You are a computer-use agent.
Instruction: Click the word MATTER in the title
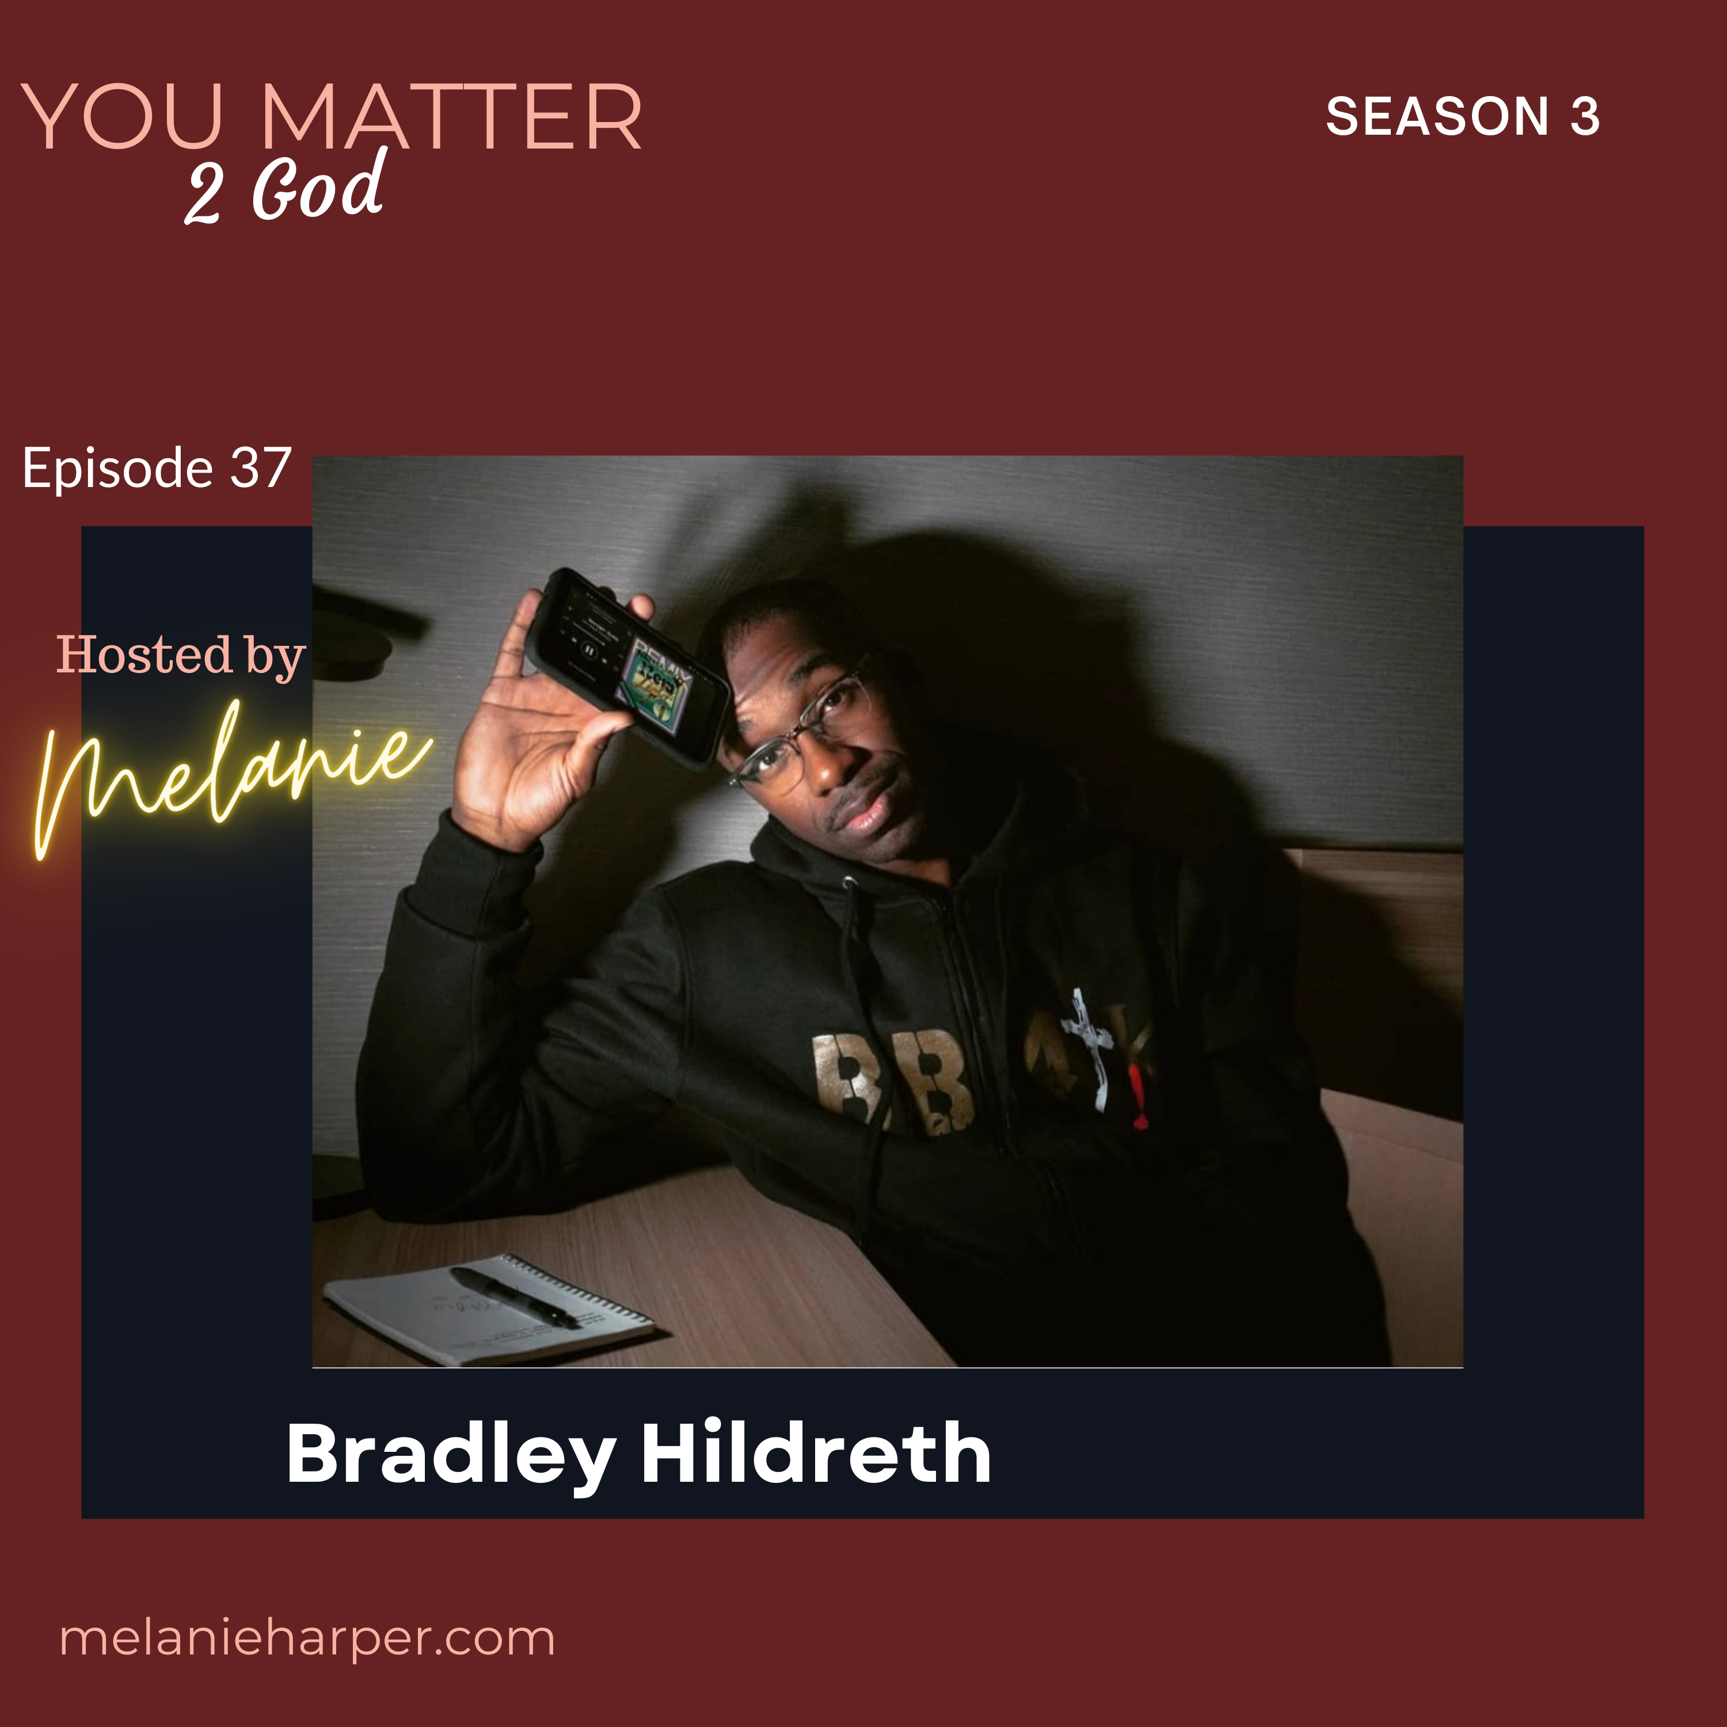451,117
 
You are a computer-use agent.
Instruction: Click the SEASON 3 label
1462,116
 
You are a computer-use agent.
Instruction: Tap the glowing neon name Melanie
233,778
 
